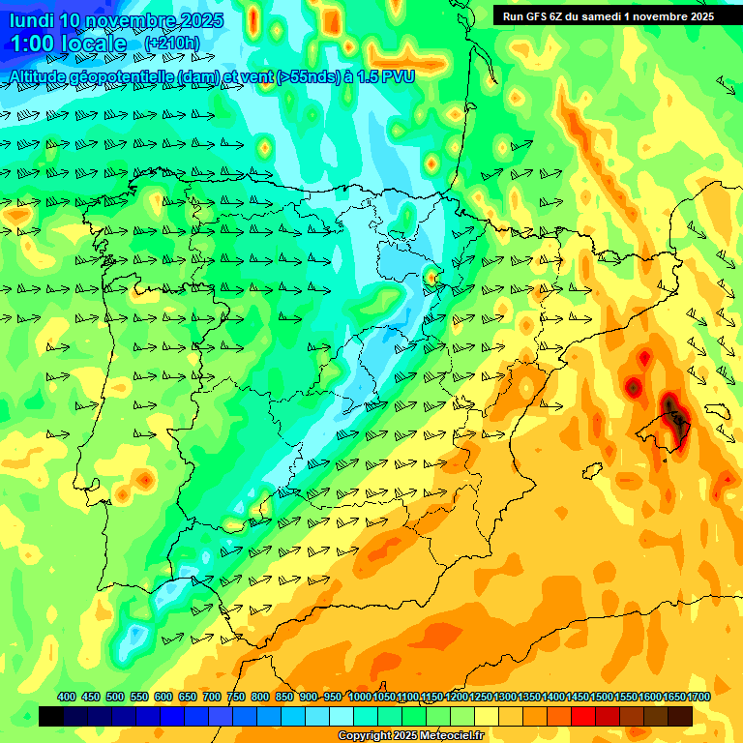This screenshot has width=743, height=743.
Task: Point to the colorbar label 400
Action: tap(67, 697)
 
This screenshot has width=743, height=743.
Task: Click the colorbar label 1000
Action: tap(359, 697)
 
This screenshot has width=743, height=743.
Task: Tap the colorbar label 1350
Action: tap(529, 697)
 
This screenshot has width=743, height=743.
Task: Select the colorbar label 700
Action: tap(212, 697)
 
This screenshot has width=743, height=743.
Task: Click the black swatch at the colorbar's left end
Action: tap(51, 716)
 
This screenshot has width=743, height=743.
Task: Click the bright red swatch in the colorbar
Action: tap(583, 716)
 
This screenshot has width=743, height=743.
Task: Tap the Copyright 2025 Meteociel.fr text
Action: tap(410, 735)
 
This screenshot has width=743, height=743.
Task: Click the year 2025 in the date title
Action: tap(201, 20)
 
